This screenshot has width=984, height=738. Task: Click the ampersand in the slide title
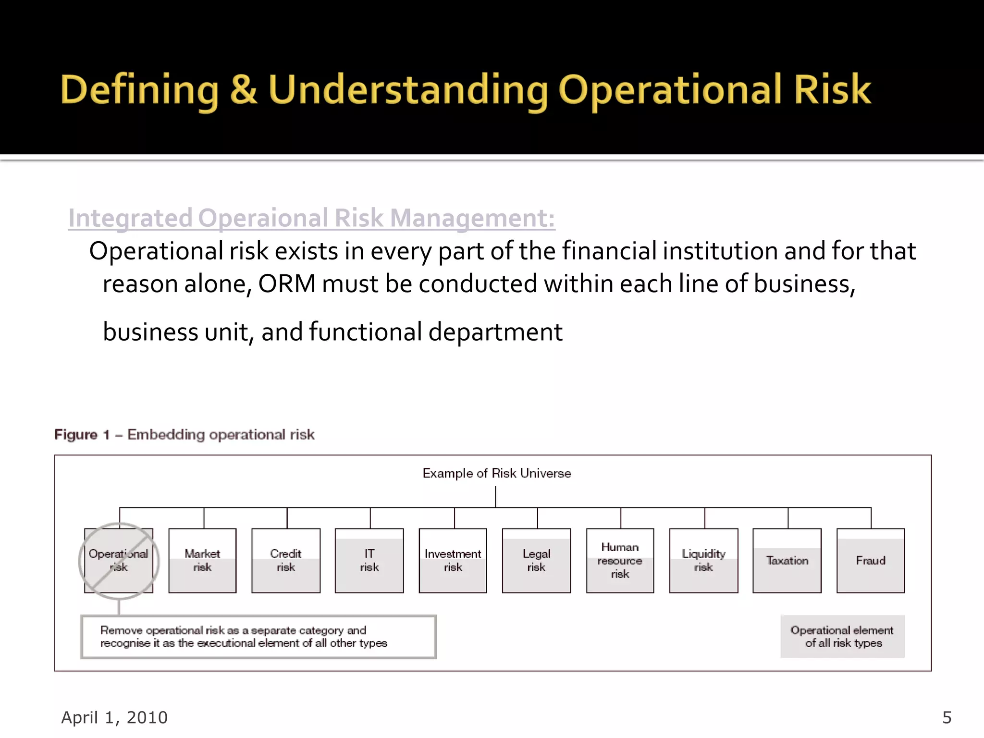(x=244, y=90)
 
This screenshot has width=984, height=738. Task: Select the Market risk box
(x=202, y=561)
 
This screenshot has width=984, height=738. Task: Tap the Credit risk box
(x=286, y=561)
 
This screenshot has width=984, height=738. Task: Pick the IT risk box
(x=369, y=561)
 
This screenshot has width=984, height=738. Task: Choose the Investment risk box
(x=453, y=561)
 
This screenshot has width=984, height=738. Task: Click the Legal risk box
(x=536, y=561)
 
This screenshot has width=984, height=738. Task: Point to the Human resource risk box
(x=620, y=561)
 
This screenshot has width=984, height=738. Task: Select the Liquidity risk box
(x=703, y=561)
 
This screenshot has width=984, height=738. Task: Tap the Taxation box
(x=787, y=561)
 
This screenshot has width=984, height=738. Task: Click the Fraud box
(x=870, y=561)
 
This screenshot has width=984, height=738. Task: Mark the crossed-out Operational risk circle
(x=119, y=561)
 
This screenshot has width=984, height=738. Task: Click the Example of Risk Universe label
(x=496, y=473)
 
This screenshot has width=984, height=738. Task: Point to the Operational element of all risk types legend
(x=843, y=637)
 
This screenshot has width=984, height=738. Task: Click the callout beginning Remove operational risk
(x=258, y=637)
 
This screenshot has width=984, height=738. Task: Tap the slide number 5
(x=947, y=717)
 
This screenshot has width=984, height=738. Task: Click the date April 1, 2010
(x=114, y=717)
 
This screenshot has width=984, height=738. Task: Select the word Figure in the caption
(x=76, y=435)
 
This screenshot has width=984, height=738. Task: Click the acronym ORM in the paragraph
(x=287, y=284)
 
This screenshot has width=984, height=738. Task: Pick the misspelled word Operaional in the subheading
(x=263, y=218)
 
